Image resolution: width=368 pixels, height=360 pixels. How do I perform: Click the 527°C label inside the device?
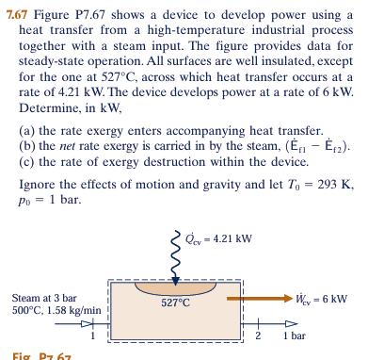click(x=175, y=303)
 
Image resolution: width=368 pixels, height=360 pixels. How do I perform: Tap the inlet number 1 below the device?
click(x=93, y=335)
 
